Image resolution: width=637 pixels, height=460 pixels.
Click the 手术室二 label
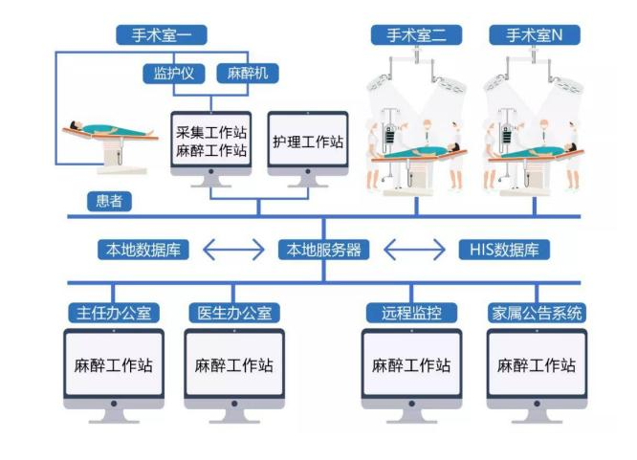coord(416,35)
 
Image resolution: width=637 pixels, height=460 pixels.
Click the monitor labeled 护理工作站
coord(306,142)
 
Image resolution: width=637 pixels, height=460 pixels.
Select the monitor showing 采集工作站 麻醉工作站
coord(210,141)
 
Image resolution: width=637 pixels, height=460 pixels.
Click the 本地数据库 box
coord(143,251)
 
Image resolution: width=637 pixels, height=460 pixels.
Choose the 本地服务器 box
coord(324,251)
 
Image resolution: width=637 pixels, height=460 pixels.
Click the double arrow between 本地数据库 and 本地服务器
coord(233,251)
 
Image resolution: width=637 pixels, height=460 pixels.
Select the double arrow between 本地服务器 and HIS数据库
coord(414,251)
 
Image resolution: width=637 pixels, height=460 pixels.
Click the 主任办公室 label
coord(113,313)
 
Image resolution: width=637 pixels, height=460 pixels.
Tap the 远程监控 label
coord(411,313)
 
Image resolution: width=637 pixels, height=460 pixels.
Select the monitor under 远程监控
coord(411,365)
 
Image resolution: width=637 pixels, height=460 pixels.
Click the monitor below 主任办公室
coord(113,365)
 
